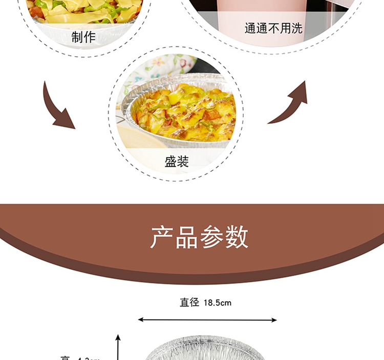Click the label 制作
pyautogui.click(x=83, y=37)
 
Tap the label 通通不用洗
pyautogui.click(x=273, y=29)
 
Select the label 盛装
pyautogui.click(x=177, y=162)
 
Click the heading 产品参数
pyautogui.click(x=199, y=237)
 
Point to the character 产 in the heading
pyautogui.click(x=161, y=237)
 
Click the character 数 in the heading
pyautogui.click(x=237, y=237)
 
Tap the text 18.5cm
pyautogui.click(x=217, y=303)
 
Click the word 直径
pyautogui.click(x=189, y=303)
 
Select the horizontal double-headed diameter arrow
pyautogui.click(x=207, y=320)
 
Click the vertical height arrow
pyautogui.click(x=118, y=348)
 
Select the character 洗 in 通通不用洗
pyautogui.click(x=297, y=29)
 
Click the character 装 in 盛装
pyautogui.click(x=183, y=162)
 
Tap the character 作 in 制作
pyautogui.click(x=90, y=37)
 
